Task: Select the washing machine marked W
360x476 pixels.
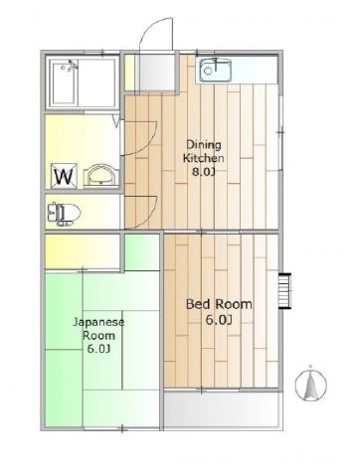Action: click(64, 176)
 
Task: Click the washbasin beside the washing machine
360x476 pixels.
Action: click(100, 176)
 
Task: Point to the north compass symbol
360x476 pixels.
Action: click(311, 384)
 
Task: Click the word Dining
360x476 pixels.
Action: click(204, 145)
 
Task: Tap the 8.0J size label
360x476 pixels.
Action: click(204, 172)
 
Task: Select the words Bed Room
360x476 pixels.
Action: click(219, 304)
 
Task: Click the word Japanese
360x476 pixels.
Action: click(98, 322)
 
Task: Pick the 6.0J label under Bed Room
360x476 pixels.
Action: click(219, 320)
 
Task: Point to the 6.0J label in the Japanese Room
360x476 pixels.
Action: click(98, 349)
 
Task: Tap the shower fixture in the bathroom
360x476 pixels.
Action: click(71, 66)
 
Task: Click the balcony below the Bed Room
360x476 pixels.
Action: click(222, 409)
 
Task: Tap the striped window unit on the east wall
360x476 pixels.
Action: click(284, 291)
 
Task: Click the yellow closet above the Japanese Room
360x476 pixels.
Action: click(83, 251)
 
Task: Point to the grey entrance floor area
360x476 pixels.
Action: click(155, 72)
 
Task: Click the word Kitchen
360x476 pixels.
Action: click(204, 158)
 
